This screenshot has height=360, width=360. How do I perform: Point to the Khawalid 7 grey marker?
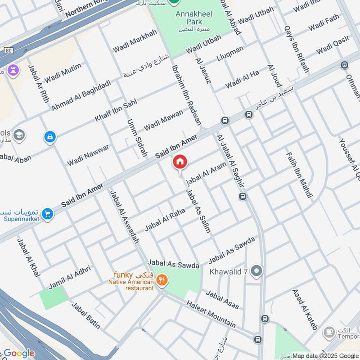(256, 271)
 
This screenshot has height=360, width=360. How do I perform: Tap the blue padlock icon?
(50, 136)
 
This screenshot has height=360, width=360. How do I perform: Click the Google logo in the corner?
(19, 353)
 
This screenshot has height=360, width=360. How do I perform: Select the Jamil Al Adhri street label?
(70, 276)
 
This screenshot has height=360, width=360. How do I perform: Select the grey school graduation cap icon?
(19, 134)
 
